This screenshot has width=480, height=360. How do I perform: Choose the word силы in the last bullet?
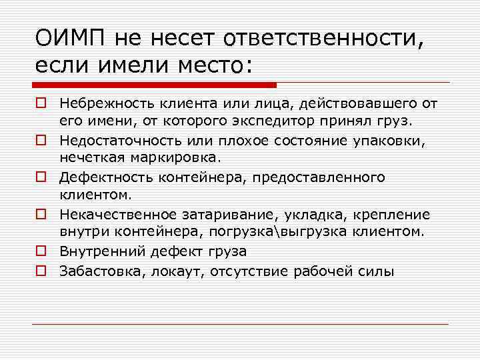tap(377, 271)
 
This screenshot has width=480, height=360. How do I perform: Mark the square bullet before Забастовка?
tap(41, 271)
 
